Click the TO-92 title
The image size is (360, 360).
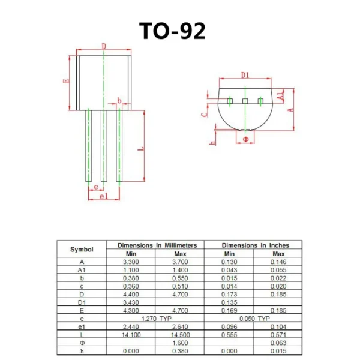point(172,31)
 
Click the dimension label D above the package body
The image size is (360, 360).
point(103,46)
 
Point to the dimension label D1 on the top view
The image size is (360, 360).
point(245,75)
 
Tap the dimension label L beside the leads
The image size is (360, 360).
point(140,146)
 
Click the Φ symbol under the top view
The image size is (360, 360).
point(245,139)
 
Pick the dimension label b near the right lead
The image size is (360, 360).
point(119,100)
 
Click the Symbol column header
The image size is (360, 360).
point(82,249)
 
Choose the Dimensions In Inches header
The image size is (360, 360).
point(255,245)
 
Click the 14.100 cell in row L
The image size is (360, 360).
point(131,334)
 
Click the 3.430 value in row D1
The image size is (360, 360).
point(131,302)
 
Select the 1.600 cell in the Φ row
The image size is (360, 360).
point(180,342)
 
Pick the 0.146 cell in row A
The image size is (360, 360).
point(278,262)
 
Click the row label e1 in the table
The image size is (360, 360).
point(82,326)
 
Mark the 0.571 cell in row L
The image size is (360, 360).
point(278,334)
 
